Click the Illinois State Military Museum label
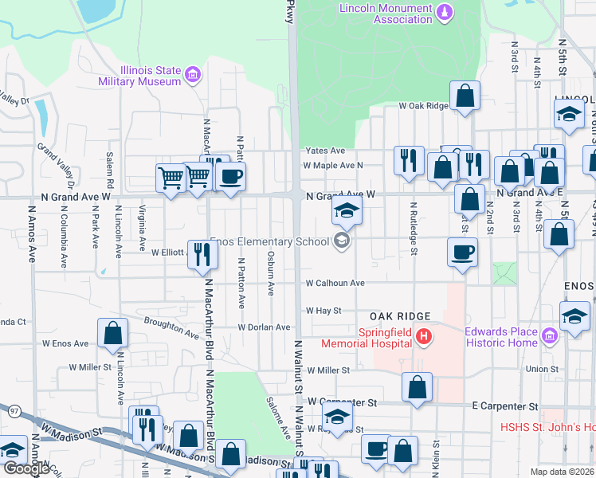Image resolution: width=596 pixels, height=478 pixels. tap(139, 76)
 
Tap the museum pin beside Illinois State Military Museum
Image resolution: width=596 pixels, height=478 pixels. tap(192, 76)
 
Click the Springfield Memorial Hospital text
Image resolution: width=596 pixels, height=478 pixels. tap(367, 338)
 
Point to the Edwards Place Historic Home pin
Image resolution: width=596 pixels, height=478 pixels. tap(548, 337)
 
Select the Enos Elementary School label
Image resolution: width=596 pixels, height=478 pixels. tap(269, 241)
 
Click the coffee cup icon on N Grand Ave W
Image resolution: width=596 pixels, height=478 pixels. tap(230, 176)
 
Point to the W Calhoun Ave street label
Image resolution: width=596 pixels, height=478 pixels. tap(335, 283)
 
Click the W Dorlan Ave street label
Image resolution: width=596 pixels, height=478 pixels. tap(264, 327)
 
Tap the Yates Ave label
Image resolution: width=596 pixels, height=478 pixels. tap(325, 150)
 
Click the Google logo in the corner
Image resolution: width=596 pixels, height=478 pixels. tap(26, 468)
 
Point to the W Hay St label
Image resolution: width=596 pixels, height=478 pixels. tap(323, 311)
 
